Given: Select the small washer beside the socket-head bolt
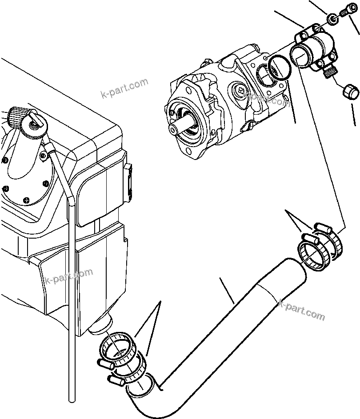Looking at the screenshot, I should coord(332,19).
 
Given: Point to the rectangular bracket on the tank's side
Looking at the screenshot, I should coord(128,178).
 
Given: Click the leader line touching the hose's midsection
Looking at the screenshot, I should coord(227,291).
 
